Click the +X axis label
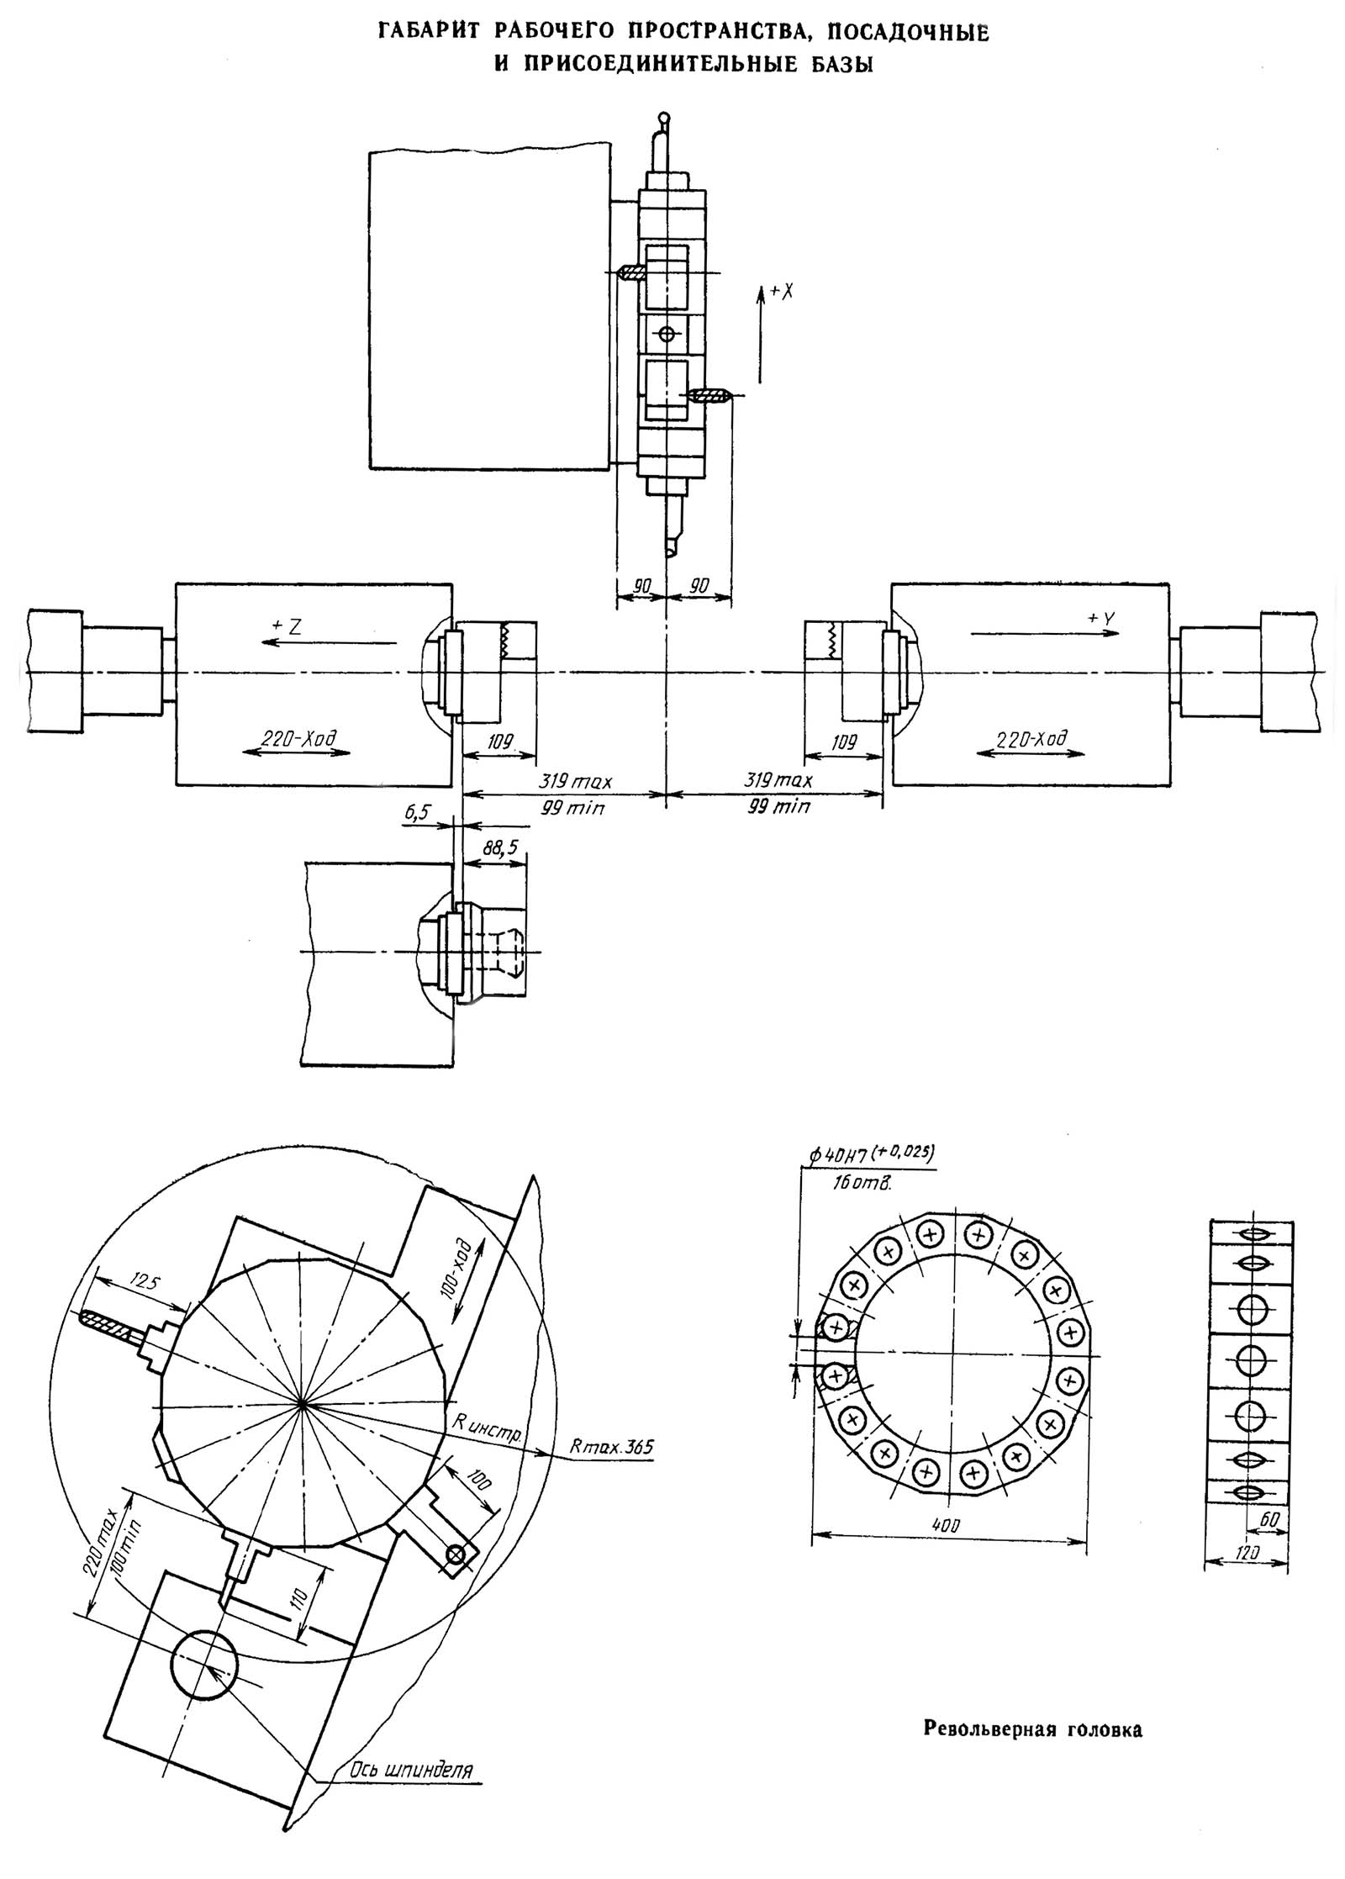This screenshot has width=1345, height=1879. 782,292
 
